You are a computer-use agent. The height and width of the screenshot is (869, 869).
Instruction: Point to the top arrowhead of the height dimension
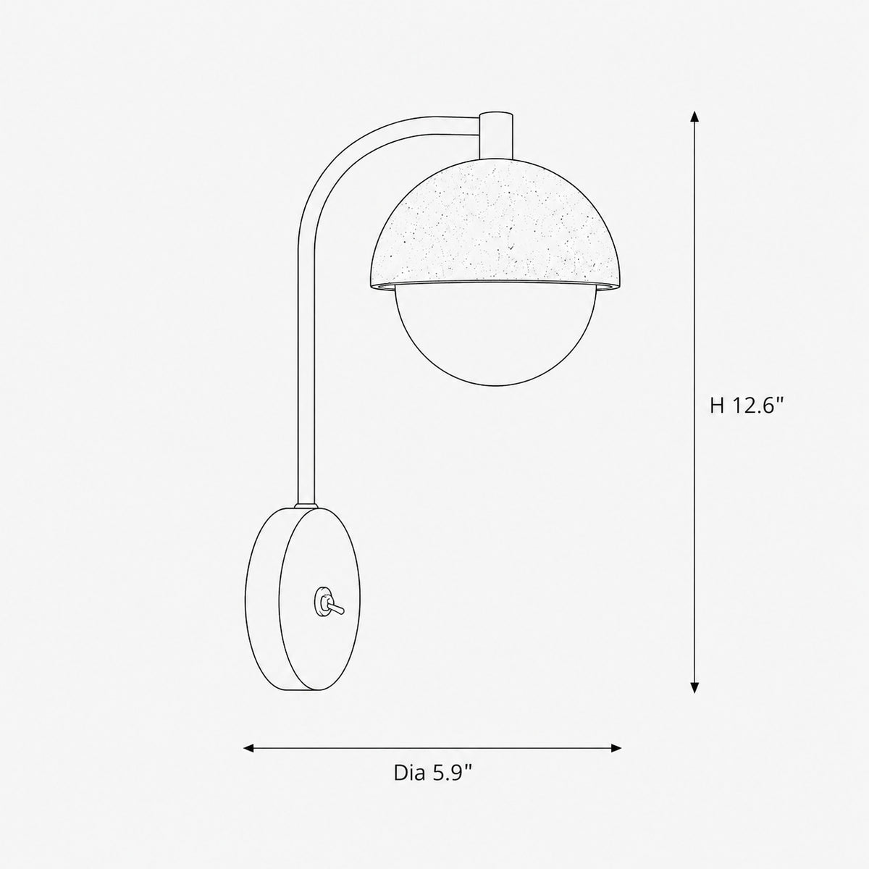tap(694, 117)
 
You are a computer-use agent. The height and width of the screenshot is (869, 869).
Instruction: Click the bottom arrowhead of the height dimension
tap(694, 700)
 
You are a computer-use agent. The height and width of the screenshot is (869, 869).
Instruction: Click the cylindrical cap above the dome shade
tap(495, 135)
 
